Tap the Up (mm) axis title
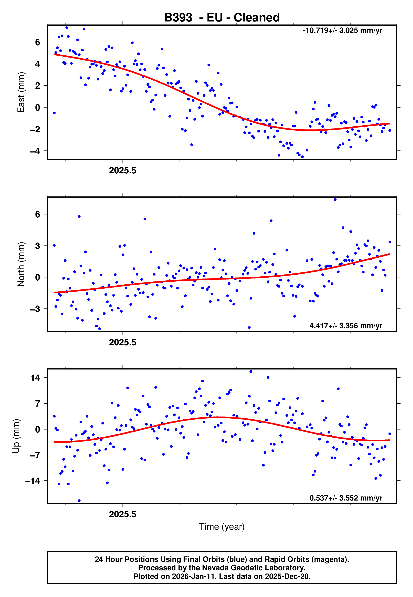[16, 436]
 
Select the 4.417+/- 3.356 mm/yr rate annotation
[346, 326]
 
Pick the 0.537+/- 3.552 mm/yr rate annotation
[346, 498]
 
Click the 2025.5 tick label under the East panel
[122, 171]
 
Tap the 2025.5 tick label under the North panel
[122, 343]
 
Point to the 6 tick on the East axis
[38, 42]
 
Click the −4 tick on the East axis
[35, 151]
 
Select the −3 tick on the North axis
[35, 309]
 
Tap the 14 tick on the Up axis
[35, 378]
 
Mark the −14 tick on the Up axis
[33, 481]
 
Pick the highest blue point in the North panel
[335, 200]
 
